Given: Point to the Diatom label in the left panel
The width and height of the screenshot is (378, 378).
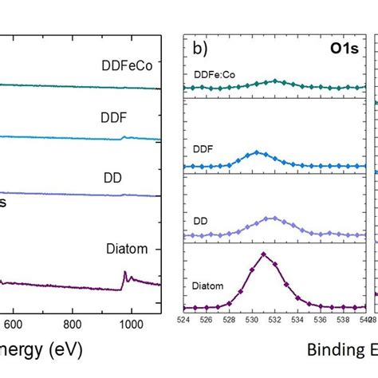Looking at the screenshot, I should [126, 248].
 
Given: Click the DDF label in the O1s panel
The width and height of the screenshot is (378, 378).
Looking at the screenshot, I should [203, 148].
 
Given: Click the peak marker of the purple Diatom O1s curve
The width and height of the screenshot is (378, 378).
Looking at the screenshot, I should [263, 255].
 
